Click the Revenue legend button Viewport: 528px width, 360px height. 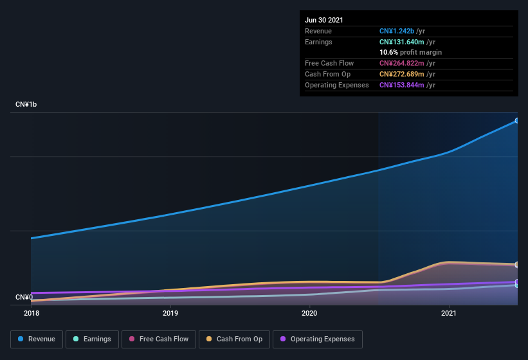(x=37, y=339)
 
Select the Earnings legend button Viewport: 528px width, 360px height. (x=92, y=339)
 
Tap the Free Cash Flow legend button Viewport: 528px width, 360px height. (x=158, y=339)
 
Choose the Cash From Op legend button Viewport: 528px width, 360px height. (x=234, y=339)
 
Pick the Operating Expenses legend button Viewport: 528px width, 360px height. (x=317, y=339)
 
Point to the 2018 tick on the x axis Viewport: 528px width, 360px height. (x=32, y=313)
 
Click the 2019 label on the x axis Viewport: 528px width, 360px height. (x=170, y=313)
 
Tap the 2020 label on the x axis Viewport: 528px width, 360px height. (x=309, y=313)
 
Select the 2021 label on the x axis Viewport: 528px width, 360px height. (x=448, y=313)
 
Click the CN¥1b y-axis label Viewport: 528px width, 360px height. (x=26, y=104)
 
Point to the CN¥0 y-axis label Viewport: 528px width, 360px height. (x=24, y=297)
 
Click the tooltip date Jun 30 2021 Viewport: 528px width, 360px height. (x=324, y=20)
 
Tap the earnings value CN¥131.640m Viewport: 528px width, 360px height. (x=401, y=42)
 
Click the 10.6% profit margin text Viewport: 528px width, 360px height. (x=410, y=52)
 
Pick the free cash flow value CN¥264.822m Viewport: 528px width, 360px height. (x=402, y=63)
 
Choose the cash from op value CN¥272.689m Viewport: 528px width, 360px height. (x=402, y=74)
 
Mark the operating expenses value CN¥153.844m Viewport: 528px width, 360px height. (x=402, y=85)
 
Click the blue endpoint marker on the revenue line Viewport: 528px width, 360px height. (x=517, y=120)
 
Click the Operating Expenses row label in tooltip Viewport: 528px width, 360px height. (x=337, y=85)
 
